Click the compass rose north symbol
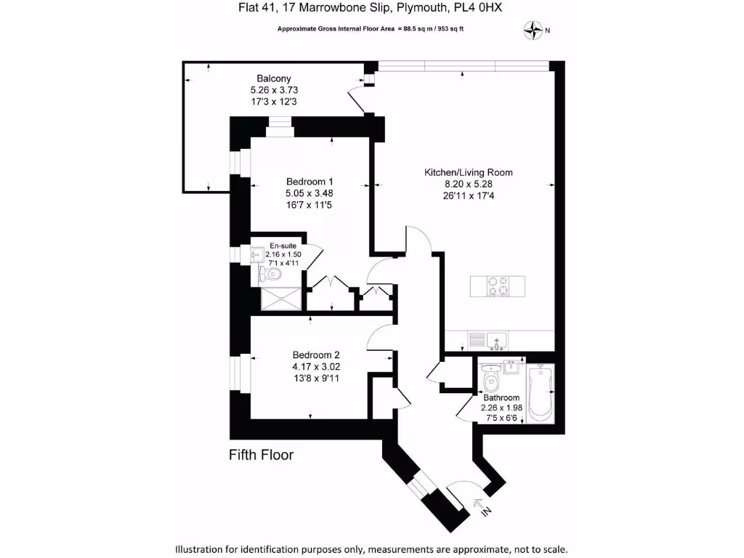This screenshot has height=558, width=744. [x=534, y=30]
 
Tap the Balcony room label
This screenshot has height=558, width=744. [x=274, y=78]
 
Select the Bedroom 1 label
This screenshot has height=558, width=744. [x=310, y=181]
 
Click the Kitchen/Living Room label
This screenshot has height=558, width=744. [x=469, y=173]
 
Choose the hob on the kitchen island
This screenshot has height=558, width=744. [x=498, y=286]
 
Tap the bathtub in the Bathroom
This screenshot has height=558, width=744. [x=540, y=393]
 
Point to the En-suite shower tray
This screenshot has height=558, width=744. [x=279, y=298]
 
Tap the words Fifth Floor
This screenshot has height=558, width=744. [x=261, y=456]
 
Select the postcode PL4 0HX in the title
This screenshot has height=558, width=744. [x=475, y=8]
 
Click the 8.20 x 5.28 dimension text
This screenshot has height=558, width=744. [x=469, y=184]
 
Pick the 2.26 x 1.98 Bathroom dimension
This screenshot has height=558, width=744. [x=501, y=408]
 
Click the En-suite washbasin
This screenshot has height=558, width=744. [x=257, y=255]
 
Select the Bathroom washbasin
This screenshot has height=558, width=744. [x=511, y=365]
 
